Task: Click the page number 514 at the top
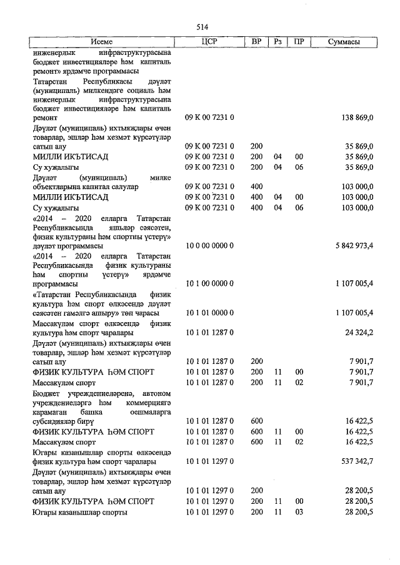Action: [x=202, y=27]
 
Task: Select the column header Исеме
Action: [x=102, y=42]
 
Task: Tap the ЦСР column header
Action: [x=209, y=42]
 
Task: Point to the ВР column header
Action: [x=256, y=42]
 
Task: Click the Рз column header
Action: [x=278, y=42]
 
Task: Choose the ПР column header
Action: [x=299, y=42]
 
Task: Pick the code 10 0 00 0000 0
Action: [x=210, y=246]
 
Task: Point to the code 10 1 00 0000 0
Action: [x=210, y=284]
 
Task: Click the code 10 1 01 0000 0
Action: [x=210, y=313]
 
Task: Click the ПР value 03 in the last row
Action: [x=299, y=512]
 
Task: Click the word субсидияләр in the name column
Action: [x=54, y=422]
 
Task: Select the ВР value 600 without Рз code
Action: [x=256, y=422]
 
